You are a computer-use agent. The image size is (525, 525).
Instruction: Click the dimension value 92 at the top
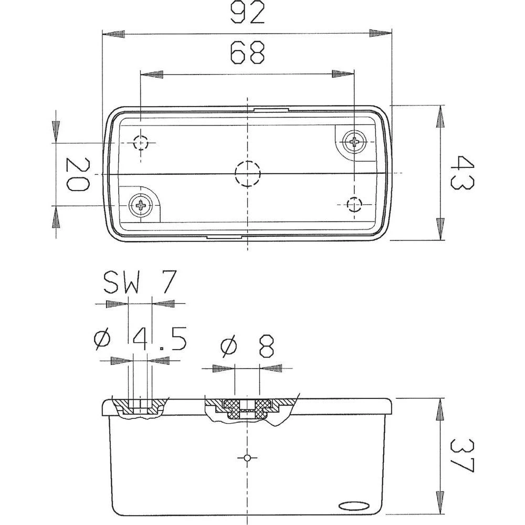click(x=247, y=14)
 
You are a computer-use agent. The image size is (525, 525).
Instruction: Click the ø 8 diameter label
click(x=247, y=347)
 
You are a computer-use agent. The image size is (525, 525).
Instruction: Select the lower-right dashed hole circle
click(x=355, y=204)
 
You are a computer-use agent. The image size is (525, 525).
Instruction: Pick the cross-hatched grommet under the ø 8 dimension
click(x=247, y=408)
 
